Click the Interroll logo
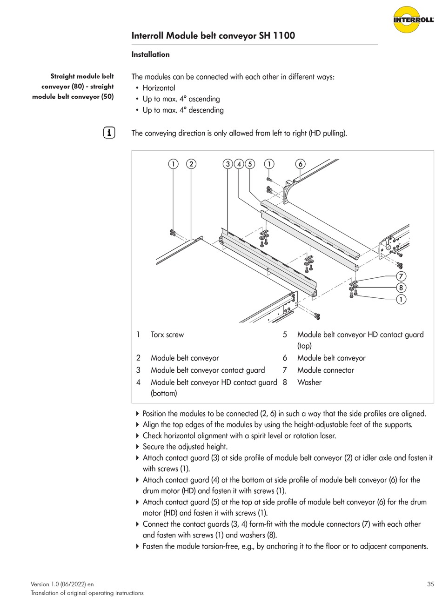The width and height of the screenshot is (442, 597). pyautogui.click(x=413, y=20)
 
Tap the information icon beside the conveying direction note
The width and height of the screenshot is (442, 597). pyautogui.click(x=109, y=133)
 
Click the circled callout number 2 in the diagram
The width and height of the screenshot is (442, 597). pyautogui.click(x=191, y=164)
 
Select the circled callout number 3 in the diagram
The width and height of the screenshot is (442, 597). pyautogui.click(x=228, y=164)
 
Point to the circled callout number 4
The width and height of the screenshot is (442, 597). pyautogui.click(x=239, y=164)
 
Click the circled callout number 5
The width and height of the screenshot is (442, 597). pyautogui.click(x=250, y=164)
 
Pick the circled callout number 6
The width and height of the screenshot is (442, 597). pyautogui.click(x=301, y=164)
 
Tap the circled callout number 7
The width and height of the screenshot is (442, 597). pyautogui.click(x=401, y=276)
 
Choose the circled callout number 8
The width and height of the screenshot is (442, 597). pyautogui.click(x=401, y=288)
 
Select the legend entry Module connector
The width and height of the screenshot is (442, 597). pyautogui.click(x=325, y=370)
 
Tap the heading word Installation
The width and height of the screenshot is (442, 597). pyautogui.click(x=150, y=54)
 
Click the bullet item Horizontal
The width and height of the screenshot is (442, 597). pyautogui.click(x=159, y=88)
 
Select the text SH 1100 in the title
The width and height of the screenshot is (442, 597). pyautogui.click(x=277, y=36)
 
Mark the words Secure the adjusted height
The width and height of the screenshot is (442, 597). pyautogui.click(x=185, y=447)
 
